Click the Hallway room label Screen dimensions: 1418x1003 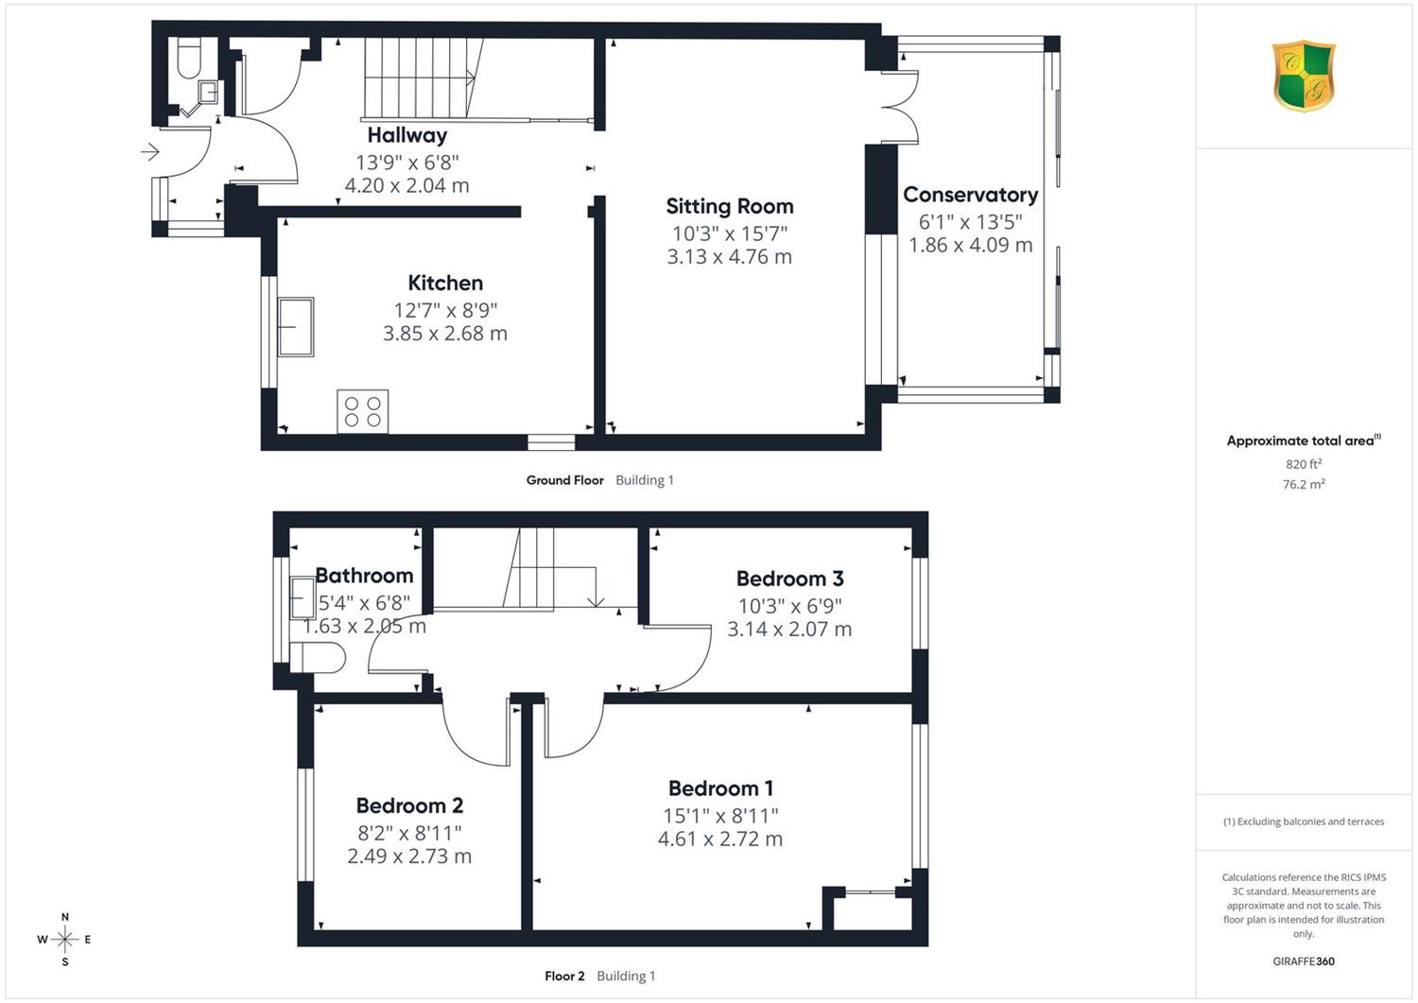pos(407,135)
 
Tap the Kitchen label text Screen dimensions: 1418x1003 pos(445,283)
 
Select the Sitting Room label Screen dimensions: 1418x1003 pos(729,206)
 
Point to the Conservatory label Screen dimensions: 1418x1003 pos(971,195)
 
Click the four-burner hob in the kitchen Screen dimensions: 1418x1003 pos(363,411)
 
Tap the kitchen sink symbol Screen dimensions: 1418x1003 pos(296,327)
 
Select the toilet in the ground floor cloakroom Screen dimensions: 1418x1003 pos(189,59)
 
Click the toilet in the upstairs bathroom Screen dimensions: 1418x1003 pos(317,657)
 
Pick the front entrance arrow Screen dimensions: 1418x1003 pos(150,152)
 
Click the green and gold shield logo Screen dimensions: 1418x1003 pos(1304,76)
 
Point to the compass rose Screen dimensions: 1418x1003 pos(64,939)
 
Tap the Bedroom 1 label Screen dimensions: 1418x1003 pos(720,788)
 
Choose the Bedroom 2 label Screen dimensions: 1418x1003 pos(409,805)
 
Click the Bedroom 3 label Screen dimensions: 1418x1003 pos(789,579)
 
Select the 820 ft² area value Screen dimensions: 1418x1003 pos(1304,464)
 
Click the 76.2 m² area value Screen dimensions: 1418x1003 pos(1304,484)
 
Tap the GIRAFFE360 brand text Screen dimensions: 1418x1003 pos(1304,961)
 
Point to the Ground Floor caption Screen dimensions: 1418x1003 pos(564,480)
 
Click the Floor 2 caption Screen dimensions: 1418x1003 pos(564,976)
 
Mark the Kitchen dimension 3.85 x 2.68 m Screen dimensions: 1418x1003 pos(445,333)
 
